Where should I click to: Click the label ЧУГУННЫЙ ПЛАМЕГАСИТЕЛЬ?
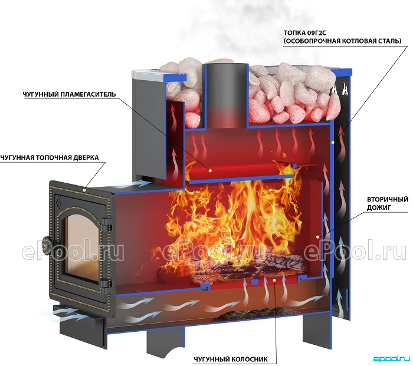tap(69, 94)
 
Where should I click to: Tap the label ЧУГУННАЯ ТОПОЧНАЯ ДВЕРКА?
tap(50, 157)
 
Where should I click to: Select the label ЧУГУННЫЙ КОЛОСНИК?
tap(231, 359)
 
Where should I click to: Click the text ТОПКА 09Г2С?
tap(305, 33)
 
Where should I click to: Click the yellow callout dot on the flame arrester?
tap(210, 170)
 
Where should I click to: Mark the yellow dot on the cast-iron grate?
tap(274, 280)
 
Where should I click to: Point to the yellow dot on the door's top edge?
tap(84, 190)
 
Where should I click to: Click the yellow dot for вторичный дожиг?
tap(319, 237)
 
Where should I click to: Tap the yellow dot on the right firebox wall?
tap(333, 143)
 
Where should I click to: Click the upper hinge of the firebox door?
tap(106, 223)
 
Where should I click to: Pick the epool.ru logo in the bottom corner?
tap(392, 358)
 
